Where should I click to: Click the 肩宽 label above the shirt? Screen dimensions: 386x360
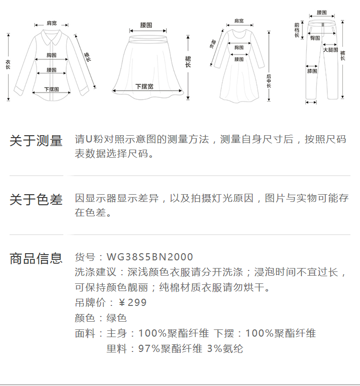(x=51, y=23)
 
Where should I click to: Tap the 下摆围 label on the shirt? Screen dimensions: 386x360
(x=51, y=89)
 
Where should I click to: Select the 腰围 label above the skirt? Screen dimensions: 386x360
(x=146, y=24)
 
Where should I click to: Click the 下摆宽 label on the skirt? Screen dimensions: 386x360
(x=144, y=86)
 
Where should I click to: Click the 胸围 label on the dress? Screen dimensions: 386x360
(x=239, y=47)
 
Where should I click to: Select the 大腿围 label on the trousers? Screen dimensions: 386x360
(x=330, y=50)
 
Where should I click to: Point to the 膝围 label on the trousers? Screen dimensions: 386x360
(x=312, y=71)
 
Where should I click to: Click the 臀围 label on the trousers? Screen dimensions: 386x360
(x=315, y=37)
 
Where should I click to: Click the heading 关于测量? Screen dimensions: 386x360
(x=36, y=141)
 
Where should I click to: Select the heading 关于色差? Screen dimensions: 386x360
(x=36, y=200)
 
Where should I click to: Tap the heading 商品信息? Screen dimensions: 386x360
(x=36, y=258)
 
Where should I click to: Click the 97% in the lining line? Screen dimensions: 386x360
(x=148, y=349)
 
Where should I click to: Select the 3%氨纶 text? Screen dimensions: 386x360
(x=225, y=349)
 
